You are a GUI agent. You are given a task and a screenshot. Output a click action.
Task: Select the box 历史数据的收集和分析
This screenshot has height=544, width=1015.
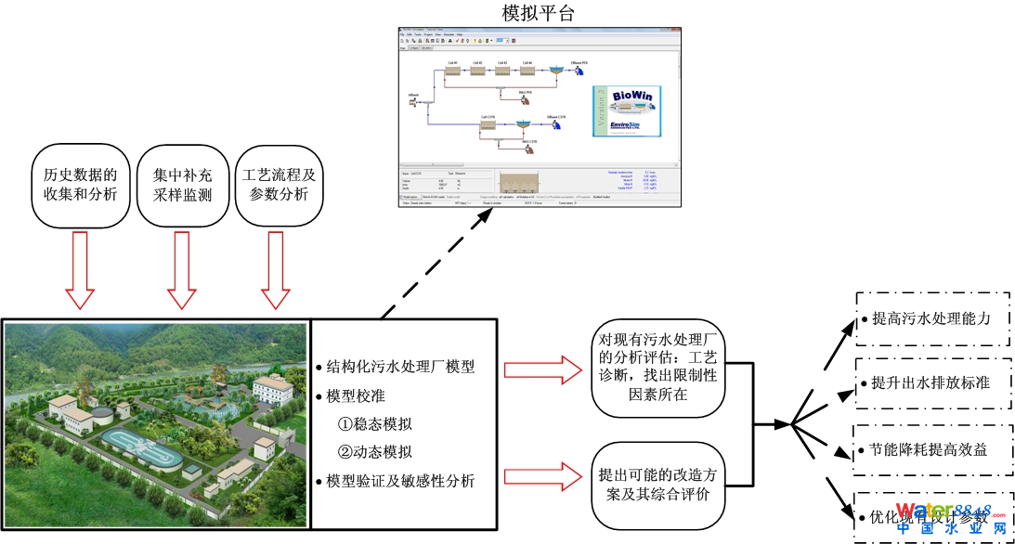point(81,185)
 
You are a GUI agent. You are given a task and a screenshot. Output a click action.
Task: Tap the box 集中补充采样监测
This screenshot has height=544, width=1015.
point(181,185)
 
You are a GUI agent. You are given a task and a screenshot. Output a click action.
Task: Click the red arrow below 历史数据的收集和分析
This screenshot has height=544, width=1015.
point(80,269)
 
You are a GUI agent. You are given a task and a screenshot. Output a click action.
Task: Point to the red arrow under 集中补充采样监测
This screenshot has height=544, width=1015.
point(181,269)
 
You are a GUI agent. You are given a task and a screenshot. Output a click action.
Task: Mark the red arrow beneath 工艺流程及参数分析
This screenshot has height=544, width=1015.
point(275,269)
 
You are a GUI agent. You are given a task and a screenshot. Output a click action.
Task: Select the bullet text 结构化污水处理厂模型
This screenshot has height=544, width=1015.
point(396,367)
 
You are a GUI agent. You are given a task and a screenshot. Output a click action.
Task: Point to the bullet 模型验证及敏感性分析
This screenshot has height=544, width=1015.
point(396,481)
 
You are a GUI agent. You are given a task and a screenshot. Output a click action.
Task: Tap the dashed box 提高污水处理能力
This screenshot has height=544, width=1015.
point(931,318)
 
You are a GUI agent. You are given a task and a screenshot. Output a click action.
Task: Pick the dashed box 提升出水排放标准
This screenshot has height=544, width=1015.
point(931,383)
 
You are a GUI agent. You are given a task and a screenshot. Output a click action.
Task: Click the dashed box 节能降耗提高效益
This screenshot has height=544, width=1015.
point(931,450)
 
